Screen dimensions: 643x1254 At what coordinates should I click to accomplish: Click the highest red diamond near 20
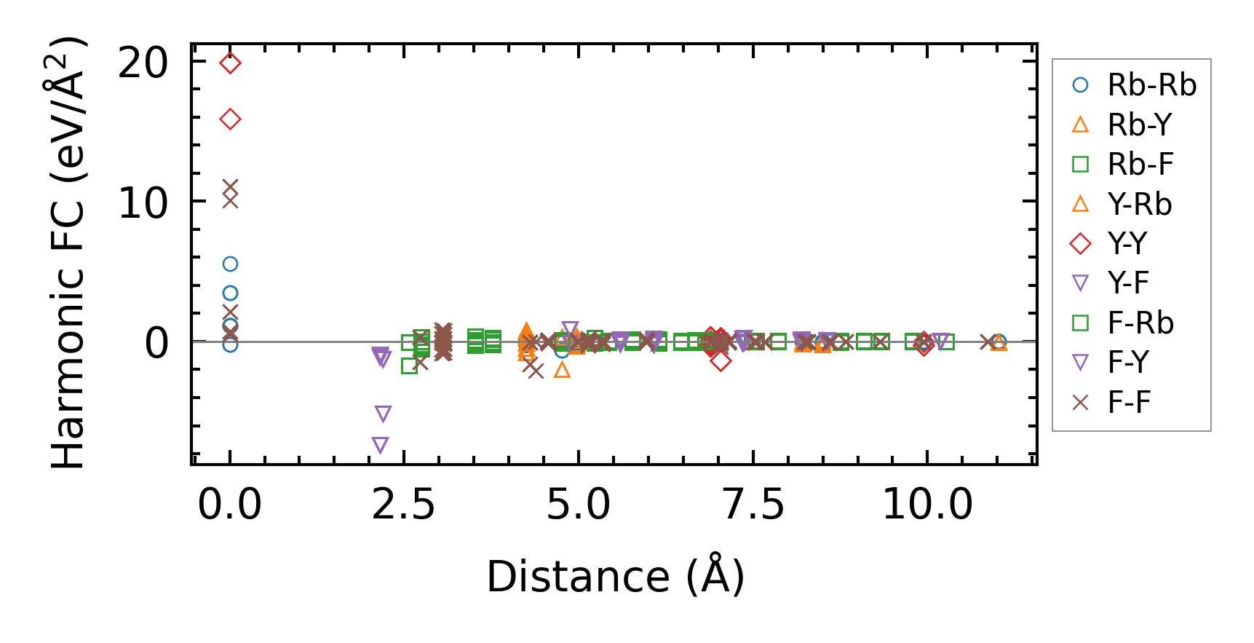tap(230, 63)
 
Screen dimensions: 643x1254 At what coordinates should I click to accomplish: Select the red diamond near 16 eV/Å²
tap(230, 119)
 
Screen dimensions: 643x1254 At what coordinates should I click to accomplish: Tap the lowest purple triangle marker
tap(380, 445)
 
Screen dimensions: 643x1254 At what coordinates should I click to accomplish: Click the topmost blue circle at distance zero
tap(230, 264)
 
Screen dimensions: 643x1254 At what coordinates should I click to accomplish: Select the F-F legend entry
tap(1129, 403)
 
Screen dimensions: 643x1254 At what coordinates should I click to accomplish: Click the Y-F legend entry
tap(1128, 283)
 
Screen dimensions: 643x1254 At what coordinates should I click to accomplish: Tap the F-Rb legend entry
tap(1140, 323)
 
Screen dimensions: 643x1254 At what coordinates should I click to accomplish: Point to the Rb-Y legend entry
tap(1139, 125)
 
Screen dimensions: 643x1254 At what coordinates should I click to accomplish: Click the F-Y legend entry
tap(1128, 363)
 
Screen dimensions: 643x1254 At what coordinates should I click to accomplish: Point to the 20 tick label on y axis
tap(143, 63)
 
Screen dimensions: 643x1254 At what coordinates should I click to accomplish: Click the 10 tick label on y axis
tap(143, 203)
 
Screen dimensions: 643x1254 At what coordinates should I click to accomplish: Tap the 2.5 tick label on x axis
tap(403, 505)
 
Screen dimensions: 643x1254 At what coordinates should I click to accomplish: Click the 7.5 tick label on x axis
tap(753, 505)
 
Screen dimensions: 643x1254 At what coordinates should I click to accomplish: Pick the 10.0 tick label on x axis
tap(927, 505)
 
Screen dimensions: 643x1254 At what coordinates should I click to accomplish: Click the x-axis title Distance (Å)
tap(615, 577)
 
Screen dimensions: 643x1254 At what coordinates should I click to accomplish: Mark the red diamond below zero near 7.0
tap(721, 361)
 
